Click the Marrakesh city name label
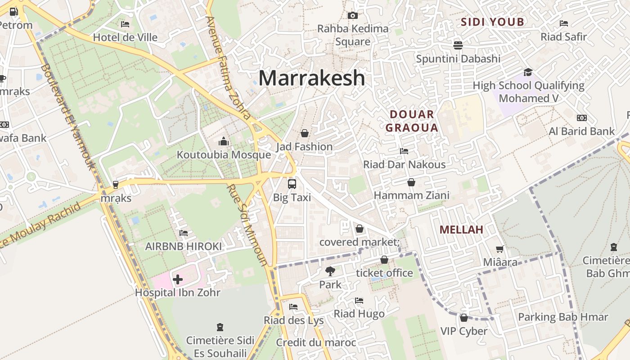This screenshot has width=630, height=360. (311, 78)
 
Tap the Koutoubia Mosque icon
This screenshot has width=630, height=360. (223, 142)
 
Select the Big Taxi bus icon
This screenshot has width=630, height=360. (292, 184)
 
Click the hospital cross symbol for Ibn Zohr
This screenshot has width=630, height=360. (178, 279)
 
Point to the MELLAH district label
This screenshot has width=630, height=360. (461, 229)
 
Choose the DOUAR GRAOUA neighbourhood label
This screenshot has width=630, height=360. (412, 121)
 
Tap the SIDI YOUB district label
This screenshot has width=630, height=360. (493, 22)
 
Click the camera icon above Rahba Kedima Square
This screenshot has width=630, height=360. (353, 16)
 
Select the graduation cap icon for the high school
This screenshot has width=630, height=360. (528, 72)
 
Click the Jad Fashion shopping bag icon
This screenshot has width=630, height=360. (305, 133)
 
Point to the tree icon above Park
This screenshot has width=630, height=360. (330, 271)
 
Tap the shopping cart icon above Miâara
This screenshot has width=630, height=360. (499, 249)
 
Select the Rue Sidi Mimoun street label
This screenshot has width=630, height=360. (247, 225)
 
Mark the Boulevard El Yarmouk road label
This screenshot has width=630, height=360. (68, 117)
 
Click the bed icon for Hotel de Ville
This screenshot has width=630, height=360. (125, 24)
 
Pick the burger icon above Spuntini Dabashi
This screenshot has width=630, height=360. (458, 45)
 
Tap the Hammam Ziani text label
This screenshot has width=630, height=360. (411, 195)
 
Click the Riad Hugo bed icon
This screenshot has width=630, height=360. (359, 300)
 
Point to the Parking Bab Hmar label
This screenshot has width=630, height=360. (563, 317)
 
